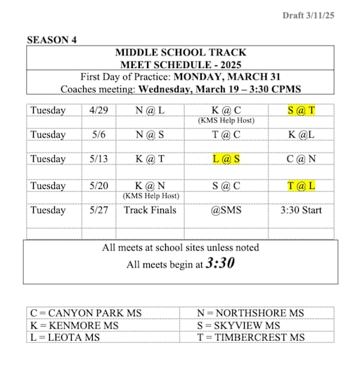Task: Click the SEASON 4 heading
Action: point(52,40)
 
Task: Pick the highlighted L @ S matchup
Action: point(226,158)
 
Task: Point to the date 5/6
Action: point(97,134)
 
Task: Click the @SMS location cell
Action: point(226,210)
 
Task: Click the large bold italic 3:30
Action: point(220,263)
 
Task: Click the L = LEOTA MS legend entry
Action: point(65,337)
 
